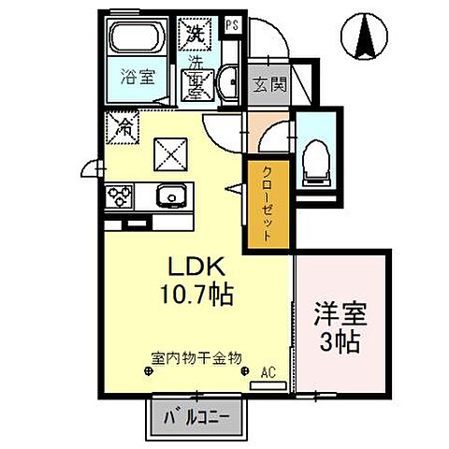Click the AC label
click(268, 372)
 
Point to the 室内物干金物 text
click(196, 357)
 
